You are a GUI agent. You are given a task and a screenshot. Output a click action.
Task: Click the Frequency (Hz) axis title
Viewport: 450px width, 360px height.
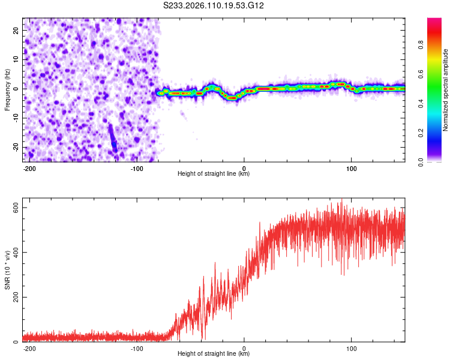[7, 89]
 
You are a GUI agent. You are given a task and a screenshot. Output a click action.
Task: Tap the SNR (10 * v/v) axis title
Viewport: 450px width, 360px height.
[7, 273]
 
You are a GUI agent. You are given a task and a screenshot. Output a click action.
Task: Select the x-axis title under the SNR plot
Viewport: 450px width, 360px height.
[214, 354]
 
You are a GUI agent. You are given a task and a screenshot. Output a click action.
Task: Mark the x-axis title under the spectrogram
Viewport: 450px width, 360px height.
[214, 174]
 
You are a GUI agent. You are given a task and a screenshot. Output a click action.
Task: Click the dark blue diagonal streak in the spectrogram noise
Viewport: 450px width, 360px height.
[112, 139]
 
